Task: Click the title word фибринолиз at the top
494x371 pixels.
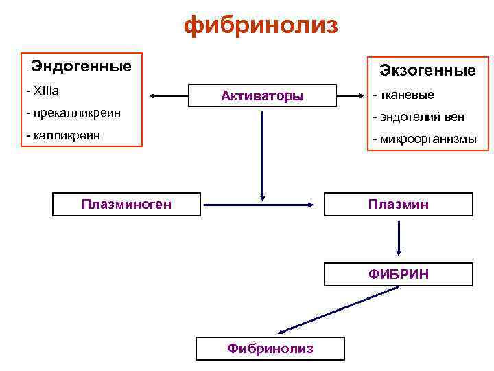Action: [x=261, y=25]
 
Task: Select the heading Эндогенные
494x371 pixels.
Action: [x=81, y=67]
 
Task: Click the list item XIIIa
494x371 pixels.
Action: [x=43, y=91]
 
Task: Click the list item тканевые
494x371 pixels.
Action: [x=403, y=95]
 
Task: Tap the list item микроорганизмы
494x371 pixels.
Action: [x=423, y=139]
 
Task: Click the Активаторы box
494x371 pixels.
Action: [x=263, y=96]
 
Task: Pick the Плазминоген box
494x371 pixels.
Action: [x=126, y=204]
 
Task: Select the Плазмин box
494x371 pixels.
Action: [x=399, y=204]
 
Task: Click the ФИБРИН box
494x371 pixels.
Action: [x=399, y=274]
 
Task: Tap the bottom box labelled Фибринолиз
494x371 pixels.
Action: [x=270, y=348]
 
